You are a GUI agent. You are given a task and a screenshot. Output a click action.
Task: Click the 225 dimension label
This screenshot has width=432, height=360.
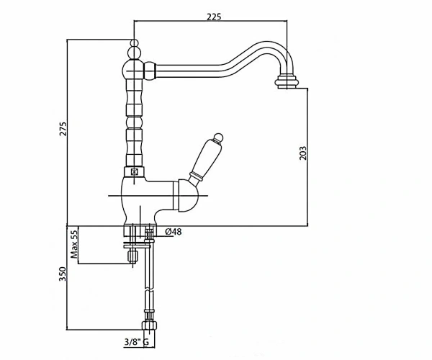tap(214, 17)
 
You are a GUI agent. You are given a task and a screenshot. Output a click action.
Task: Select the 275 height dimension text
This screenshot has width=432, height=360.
tap(63, 129)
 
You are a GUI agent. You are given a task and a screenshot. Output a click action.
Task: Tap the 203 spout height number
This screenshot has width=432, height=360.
tap(303, 153)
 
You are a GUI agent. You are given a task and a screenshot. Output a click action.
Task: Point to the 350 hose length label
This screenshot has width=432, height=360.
tap(63, 274)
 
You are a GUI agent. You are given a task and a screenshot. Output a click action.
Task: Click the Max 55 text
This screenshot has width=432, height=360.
tap(74, 244)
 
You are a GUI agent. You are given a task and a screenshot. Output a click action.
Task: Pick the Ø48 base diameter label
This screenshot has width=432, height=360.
tap(174, 232)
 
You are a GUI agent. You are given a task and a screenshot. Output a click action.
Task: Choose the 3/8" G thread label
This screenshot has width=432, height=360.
tap(136, 342)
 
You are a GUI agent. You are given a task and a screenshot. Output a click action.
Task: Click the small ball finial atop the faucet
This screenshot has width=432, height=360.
tap(134, 43)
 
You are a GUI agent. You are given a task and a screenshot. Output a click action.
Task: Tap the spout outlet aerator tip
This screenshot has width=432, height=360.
tap(287, 81)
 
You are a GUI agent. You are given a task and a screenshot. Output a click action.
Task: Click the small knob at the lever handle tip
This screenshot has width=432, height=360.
tap(218, 138)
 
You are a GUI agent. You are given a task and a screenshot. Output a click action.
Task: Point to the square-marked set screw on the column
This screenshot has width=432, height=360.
tap(134, 172)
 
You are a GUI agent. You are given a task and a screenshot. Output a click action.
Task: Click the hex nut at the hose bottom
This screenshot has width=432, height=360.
tap(149, 325)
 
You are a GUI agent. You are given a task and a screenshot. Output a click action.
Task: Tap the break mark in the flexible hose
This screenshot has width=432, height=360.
tap(149, 290)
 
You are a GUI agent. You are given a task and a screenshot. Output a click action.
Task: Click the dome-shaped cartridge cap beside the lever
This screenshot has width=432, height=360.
tap(188, 196)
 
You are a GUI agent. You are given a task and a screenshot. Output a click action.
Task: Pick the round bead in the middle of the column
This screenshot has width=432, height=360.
tap(134, 122)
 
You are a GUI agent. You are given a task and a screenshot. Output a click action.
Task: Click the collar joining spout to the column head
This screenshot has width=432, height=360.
tap(150, 71)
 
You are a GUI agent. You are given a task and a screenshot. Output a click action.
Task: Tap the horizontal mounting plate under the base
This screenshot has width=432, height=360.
tap(138, 244)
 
